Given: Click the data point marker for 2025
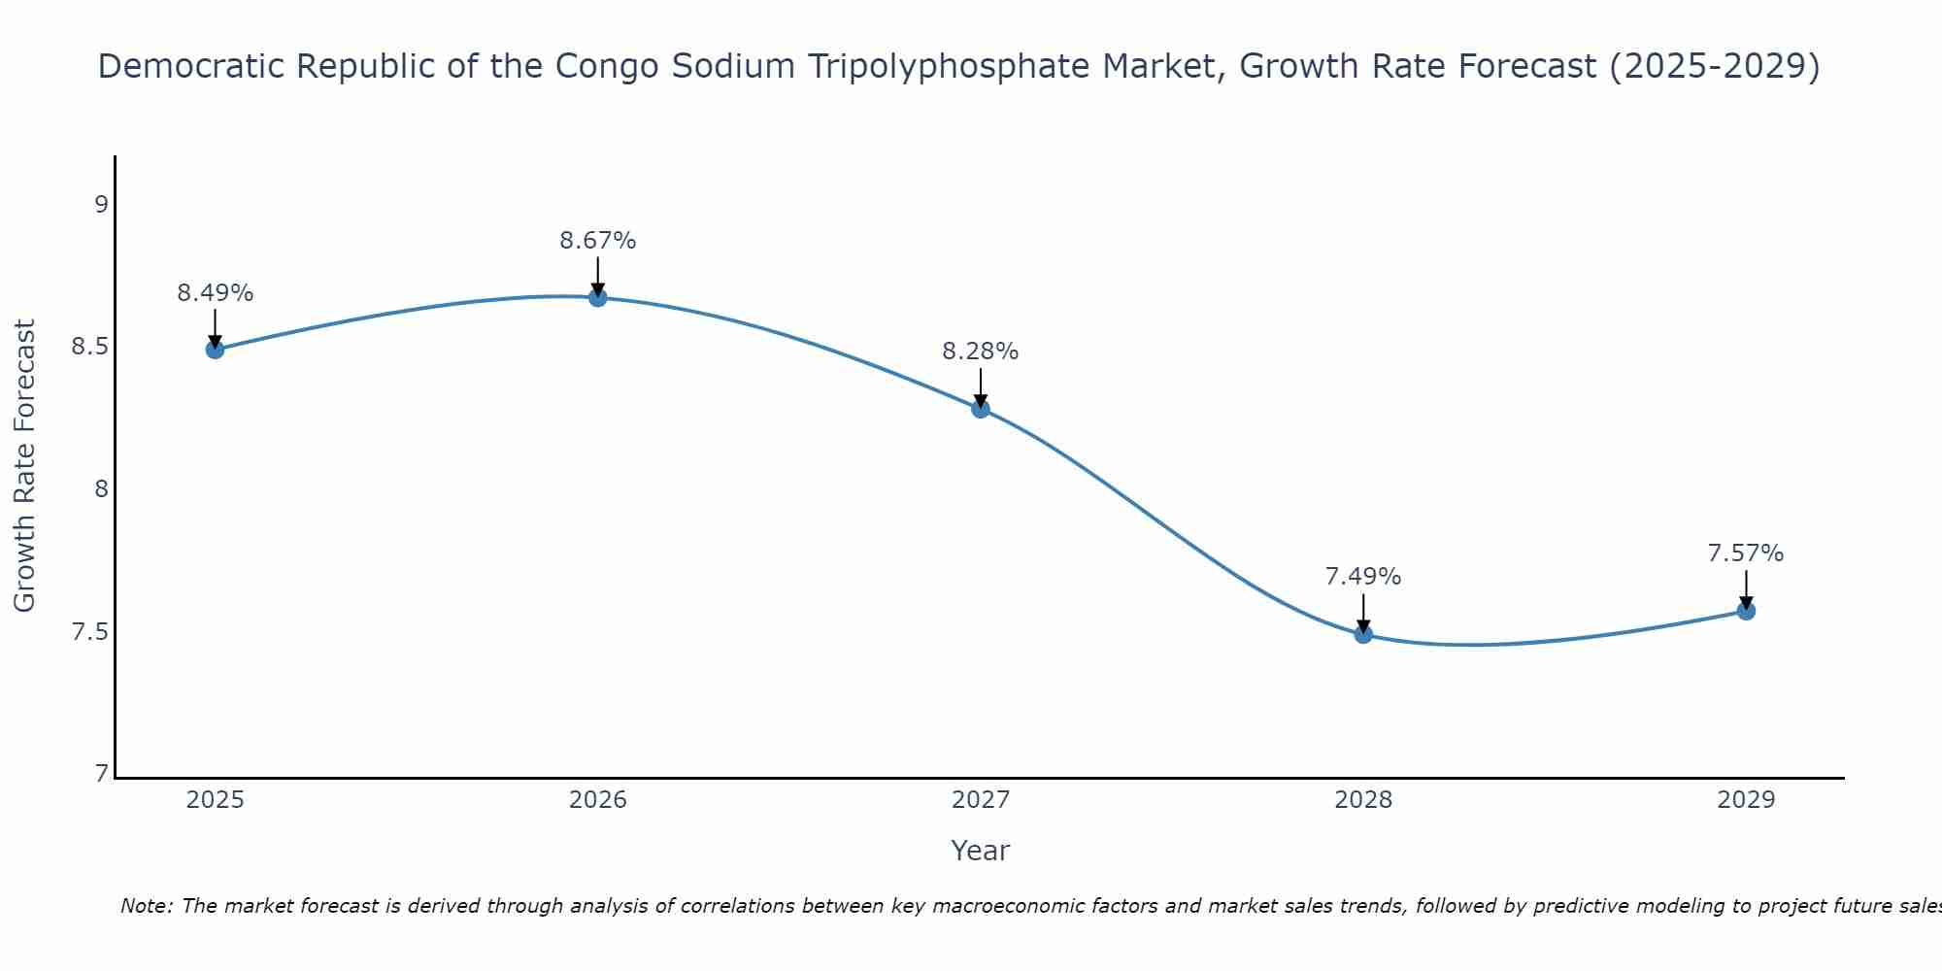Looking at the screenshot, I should (x=216, y=350).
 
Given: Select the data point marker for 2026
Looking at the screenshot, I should (x=598, y=297).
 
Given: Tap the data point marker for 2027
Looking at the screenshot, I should (x=981, y=409).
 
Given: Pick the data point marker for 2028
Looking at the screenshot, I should (x=1363, y=634).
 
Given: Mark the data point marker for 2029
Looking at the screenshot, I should (x=1746, y=611).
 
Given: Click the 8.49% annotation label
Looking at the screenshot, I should (x=216, y=293).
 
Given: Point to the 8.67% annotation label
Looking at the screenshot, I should (x=598, y=241).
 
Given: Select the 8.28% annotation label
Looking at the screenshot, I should (x=981, y=352).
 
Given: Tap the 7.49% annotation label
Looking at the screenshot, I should (x=1363, y=577).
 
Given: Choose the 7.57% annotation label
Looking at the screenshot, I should (x=1746, y=553).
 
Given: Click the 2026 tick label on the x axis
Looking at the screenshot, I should (x=598, y=800).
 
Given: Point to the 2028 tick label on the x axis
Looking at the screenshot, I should (x=1363, y=800).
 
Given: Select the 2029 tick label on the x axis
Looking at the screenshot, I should (x=1746, y=800).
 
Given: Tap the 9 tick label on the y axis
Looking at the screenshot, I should (x=101, y=205).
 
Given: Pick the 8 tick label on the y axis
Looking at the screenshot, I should (x=101, y=490).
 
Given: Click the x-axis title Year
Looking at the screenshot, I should (x=981, y=851).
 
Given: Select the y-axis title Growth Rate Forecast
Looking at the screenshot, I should (x=25, y=466).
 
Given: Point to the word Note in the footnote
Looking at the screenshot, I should (x=146, y=906).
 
